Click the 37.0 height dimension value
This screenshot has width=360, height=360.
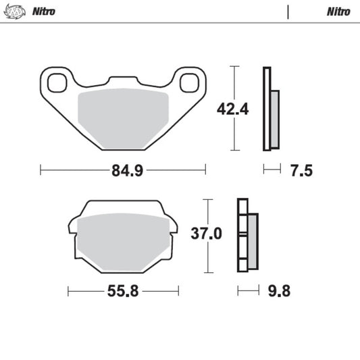[x=208, y=234]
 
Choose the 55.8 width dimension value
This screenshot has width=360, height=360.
[x=124, y=291]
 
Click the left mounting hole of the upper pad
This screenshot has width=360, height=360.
[x=56, y=82]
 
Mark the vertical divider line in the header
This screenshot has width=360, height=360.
[x=288, y=11]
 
